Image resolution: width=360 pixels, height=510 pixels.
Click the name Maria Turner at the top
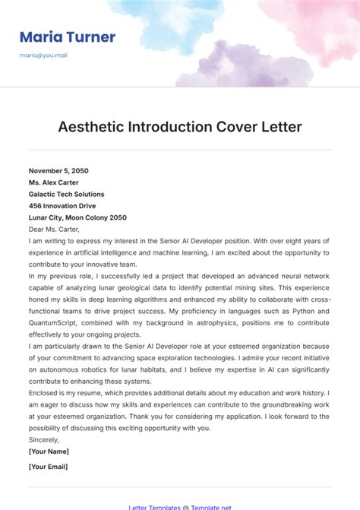68,37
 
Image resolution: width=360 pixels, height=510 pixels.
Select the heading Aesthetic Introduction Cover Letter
180,126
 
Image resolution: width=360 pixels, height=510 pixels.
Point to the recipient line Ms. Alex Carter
54,182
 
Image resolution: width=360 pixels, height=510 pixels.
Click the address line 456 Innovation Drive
62,205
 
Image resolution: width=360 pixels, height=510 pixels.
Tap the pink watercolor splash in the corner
311,23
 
